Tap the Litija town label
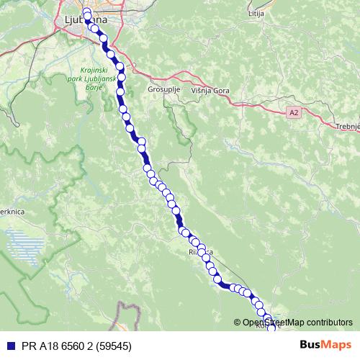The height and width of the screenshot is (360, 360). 256,14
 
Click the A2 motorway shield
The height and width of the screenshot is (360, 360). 294,113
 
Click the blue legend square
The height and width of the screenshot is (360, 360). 8,346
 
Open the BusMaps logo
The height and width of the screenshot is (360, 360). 326,346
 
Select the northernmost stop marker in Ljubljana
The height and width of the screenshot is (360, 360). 86,12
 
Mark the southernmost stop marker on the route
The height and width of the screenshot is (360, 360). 271,328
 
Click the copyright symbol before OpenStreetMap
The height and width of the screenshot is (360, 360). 238,323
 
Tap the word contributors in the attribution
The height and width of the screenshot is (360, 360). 328,323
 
